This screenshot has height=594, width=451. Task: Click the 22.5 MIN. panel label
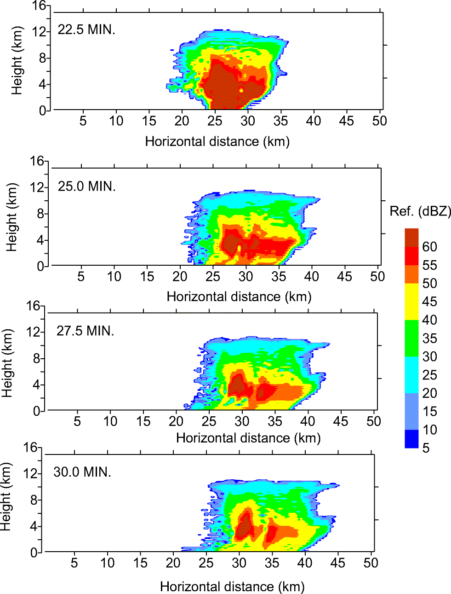coord(86,30)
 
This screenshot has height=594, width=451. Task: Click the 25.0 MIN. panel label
coord(87,186)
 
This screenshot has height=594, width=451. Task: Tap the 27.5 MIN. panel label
coord(85,331)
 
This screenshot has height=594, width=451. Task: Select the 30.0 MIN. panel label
coord(82,472)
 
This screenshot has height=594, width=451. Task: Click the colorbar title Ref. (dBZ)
coord(420,211)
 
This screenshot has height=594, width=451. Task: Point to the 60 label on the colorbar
coord(429,247)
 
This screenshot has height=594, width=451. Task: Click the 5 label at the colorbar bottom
coord(426,448)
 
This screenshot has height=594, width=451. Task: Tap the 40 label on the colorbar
coord(429,320)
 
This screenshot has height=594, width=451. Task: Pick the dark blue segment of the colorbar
coord(411,438)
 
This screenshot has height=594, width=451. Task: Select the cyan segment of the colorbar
coord(411,374)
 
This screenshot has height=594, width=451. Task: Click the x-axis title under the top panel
coord(217,141)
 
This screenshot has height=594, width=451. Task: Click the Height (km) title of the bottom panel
coord(6,497)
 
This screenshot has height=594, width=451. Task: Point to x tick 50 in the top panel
coord(379,121)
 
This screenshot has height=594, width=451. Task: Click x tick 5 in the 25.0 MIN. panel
coord(81,277)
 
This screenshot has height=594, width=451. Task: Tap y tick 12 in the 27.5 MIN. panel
coord(35,332)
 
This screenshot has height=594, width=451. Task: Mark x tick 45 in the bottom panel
coord(337,563)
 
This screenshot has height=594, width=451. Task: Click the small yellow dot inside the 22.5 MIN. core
coord(241,90)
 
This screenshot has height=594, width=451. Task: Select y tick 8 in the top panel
coord(43,58)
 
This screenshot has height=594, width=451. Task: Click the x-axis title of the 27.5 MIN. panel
coord(248,438)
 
